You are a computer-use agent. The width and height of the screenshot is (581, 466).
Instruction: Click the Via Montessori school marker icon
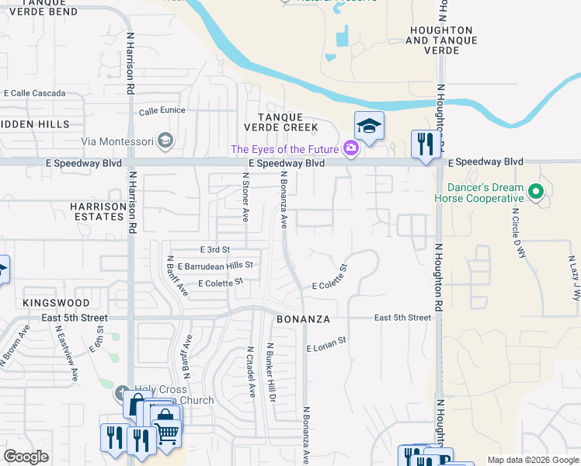[x=165, y=141]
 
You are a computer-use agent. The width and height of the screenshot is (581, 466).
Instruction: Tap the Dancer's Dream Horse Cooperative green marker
[x=534, y=190]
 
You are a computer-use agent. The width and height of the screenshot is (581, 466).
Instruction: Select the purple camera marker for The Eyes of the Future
[x=351, y=148]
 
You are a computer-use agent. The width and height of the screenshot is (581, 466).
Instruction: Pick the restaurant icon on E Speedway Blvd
[x=425, y=144]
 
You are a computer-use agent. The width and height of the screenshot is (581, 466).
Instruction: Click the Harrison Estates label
[x=97, y=211]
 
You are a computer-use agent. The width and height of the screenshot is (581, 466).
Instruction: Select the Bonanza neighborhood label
[x=304, y=319]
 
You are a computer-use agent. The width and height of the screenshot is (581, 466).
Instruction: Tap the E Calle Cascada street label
[x=34, y=92]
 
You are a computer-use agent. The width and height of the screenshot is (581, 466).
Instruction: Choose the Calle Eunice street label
[x=162, y=110]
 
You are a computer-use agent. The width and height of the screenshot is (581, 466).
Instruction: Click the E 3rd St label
[x=215, y=249]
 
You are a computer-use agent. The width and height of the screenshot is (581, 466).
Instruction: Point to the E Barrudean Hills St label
[x=215, y=266]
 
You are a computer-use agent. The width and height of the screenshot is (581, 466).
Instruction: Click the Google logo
[x=26, y=456]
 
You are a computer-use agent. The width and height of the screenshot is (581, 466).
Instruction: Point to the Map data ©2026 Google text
[x=532, y=460]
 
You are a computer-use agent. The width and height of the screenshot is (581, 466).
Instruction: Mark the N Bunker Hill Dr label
[x=272, y=370]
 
